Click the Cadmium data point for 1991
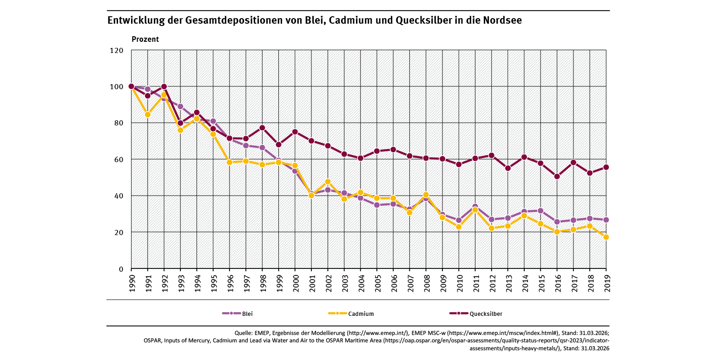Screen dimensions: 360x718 point(147,114)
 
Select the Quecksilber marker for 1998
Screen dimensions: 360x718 point(262,128)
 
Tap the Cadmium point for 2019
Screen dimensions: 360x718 point(606,237)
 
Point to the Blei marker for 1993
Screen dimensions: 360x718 point(180,106)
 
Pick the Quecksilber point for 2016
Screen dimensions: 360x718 point(557,177)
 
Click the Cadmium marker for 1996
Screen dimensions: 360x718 point(229,162)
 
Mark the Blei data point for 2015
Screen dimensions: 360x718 point(540,211)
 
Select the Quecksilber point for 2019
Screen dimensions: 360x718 point(606,167)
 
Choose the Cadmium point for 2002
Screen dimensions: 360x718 point(328,182)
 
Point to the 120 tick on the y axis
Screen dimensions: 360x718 point(117,50)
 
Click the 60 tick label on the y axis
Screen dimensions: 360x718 point(119,159)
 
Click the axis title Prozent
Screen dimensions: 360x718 point(145,39)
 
